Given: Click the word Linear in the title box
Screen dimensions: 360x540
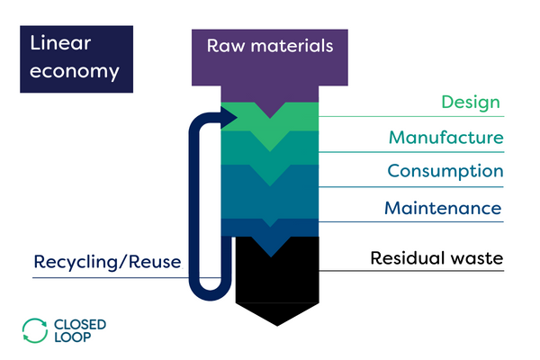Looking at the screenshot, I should pyautogui.click(x=60, y=43).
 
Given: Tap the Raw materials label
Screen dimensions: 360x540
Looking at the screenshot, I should pyautogui.click(x=270, y=45).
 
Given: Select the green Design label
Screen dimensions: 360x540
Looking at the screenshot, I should pyautogui.click(x=469, y=103).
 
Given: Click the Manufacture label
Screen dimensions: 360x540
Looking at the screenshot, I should pyautogui.click(x=445, y=138).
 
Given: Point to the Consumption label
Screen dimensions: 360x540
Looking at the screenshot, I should pyautogui.click(x=445, y=171).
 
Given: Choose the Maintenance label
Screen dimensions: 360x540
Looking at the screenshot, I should pyautogui.click(x=443, y=208).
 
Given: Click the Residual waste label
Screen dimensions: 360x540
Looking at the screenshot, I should pyautogui.click(x=436, y=259).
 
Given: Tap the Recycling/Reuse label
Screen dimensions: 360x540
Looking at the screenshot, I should pyautogui.click(x=107, y=262).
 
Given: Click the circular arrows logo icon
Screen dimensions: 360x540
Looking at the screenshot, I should pyautogui.click(x=34, y=330).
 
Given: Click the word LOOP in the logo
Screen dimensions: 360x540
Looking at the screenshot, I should pyautogui.click(x=73, y=339).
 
